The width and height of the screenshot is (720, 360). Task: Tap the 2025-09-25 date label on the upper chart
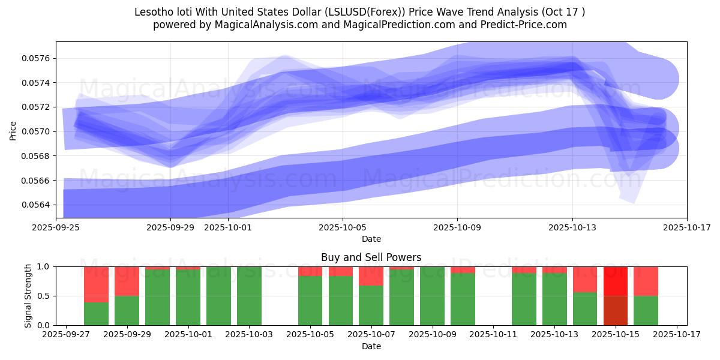tap(56, 228)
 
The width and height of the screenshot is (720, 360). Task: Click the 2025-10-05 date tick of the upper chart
tap(343, 228)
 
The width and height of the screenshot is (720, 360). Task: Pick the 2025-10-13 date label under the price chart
tap(572, 228)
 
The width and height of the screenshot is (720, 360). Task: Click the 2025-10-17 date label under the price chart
tap(687, 228)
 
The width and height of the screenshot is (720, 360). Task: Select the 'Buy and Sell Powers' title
tap(371, 257)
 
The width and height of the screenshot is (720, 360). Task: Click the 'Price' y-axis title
tap(13, 130)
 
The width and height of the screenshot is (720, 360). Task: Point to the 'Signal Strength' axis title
tap(28, 296)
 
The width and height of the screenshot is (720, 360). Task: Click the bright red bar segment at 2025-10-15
tap(616, 281)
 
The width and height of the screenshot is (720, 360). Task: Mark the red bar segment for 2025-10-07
tap(371, 276)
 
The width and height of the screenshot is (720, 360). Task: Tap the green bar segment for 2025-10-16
tap(646, 311)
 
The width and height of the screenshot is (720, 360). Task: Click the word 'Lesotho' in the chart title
tap(153, 12)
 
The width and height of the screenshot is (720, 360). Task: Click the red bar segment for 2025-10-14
tap(585, 279)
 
